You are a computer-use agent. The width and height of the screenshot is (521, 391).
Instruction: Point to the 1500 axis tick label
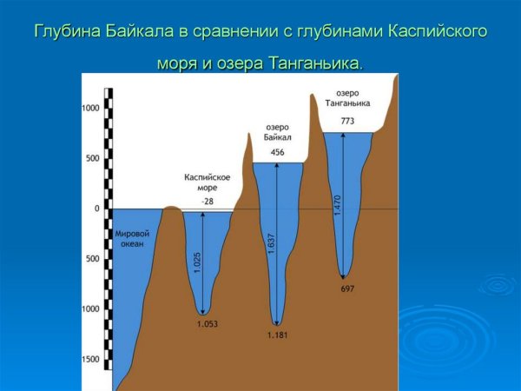tap(91, 359)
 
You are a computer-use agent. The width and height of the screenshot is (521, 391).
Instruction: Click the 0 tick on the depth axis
tap(98, 209)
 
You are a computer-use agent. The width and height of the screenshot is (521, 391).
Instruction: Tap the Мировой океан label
tap(127, 239)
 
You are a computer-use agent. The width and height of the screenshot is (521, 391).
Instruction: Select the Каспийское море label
tap(207, 182)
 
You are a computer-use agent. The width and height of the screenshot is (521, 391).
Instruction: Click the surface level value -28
tap(207, 202)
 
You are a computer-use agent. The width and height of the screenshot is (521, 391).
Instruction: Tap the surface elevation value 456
tap(278, 152)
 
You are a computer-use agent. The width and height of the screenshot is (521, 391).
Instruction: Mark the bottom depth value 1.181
tap(278, 335)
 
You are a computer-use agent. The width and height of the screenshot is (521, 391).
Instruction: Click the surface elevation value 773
tap(347, 122)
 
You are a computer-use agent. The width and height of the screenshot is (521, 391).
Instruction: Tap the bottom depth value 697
tap(346, 288)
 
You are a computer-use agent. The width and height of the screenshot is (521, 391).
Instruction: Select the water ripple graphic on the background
tap(498, 284)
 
